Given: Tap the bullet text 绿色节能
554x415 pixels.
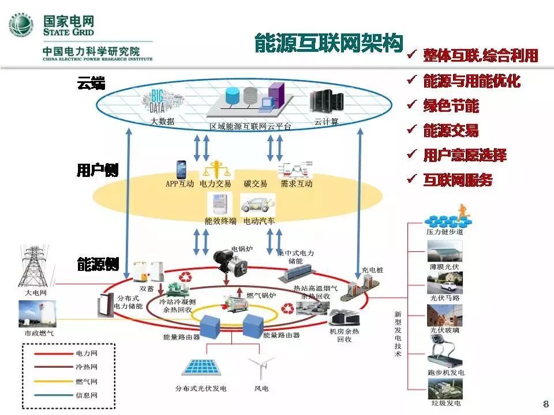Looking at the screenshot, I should pyautogui.click(x=451, y=105).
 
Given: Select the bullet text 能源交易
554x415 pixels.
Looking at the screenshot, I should pyautogui.click(x=451, y=130).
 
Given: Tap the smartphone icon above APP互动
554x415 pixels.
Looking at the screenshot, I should pyautogui.click(x=180, y=169).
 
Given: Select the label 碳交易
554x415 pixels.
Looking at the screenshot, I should pyautogui.click(x=255, y=184).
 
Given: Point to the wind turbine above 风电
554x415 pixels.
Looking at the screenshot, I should pyautogui.click(x=260, y=369).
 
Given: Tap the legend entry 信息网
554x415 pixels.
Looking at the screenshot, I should pyautogui.click(x=87, y=395).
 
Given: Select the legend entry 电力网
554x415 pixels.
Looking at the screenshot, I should pyautogui.click(x=87, y=353).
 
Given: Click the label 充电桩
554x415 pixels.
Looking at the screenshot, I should pyautogui.click(x=372, y=269).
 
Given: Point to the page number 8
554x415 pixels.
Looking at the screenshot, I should pyautogui.click(x=546, y=402).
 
